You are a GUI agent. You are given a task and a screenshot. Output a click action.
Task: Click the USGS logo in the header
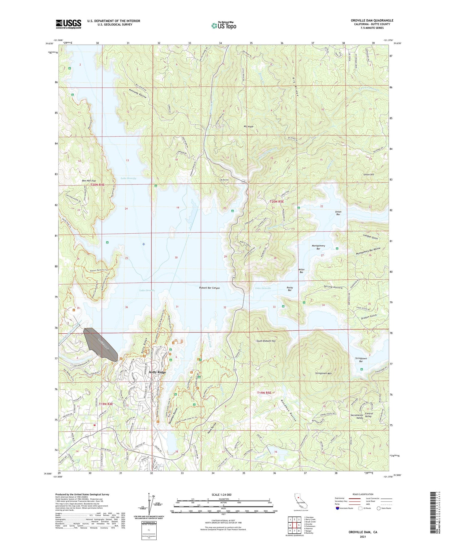pos(68,24)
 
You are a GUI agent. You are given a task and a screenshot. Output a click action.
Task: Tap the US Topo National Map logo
pos(224,25)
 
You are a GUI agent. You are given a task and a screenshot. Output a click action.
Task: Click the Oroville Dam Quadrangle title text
pos(372,20)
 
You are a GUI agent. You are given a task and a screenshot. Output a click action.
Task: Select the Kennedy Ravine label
pos(138,94)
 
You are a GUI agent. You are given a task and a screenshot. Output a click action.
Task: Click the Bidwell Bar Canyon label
pos(209,288)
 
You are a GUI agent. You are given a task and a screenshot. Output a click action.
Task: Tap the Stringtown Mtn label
pos(323,373)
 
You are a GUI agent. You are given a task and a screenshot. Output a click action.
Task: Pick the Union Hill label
pos(368,174)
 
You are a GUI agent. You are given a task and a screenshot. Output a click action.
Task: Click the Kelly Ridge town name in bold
pos(157,372)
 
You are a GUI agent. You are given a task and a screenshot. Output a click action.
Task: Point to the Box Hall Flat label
pos(89,181)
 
